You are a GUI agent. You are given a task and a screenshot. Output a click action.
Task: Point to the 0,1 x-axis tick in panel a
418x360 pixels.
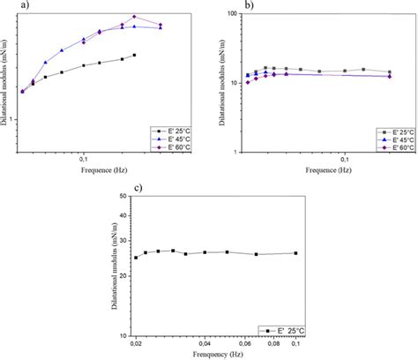tap(82, 161)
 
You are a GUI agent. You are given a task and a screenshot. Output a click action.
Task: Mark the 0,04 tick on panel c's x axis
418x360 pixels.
tap(205, 345)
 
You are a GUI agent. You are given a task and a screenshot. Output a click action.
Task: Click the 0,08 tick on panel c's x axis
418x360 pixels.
tap(272, 345)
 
